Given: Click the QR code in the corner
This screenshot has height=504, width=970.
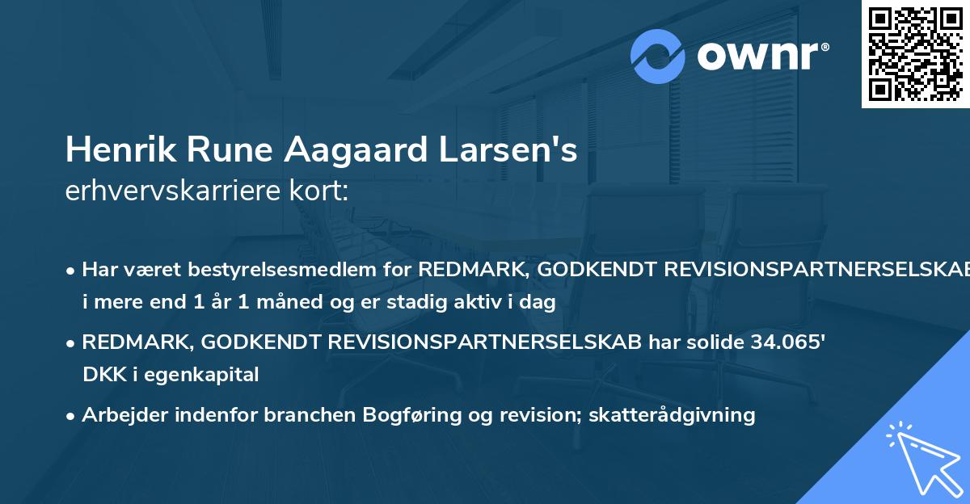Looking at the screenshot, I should (x=915, y=53).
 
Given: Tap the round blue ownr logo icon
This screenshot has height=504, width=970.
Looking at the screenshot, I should (x=658, y=56).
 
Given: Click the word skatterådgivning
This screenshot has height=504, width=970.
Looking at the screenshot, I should (x=673, y=415).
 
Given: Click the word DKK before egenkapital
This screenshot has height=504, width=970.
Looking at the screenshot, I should (x=101, y=374).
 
